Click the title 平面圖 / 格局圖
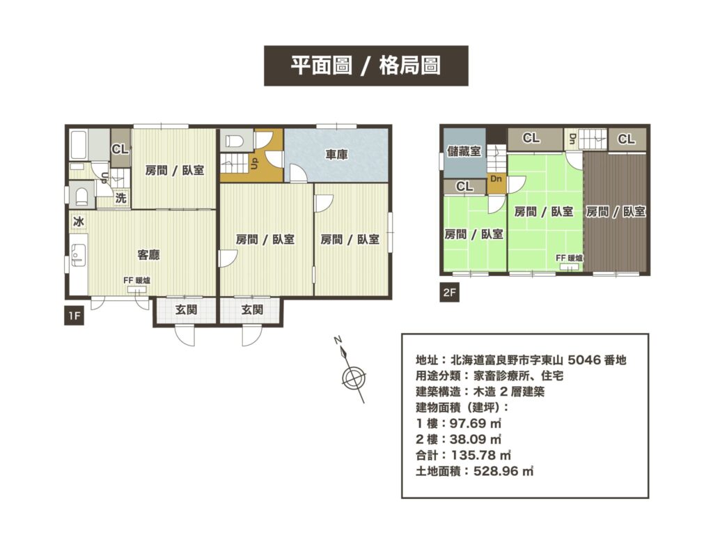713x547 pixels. pyautogui.click(x=366, y=66)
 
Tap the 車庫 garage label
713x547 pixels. pyautogui.click(x=336, y=155)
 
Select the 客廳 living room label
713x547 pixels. pyautogui.click(x=148, y=255)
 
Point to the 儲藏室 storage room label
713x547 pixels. pyautogui.click(x=464, y=151)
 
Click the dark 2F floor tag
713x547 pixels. pyautogui.click(x=450, y=293)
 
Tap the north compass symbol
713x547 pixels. pyautogui.click(x=354, y=376)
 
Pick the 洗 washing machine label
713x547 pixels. pyautogui.click(x=121, y=198)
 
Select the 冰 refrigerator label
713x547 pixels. pyautogui.click(x=78, y=222)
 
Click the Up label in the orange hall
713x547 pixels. pyautogui.click(x=254, y=164)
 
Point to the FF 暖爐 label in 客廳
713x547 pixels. pyautogui.click(x=136, y=281)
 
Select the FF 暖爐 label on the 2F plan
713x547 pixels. pyautogui.click(x=570, y=258)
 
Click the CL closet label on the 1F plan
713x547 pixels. pyautogui.click(x=120, y=149)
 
